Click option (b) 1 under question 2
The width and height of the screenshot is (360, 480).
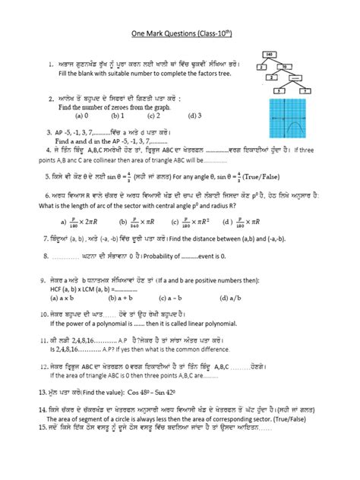(x=117, y=116)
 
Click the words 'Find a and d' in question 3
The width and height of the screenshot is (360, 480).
(x=77, y=141)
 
